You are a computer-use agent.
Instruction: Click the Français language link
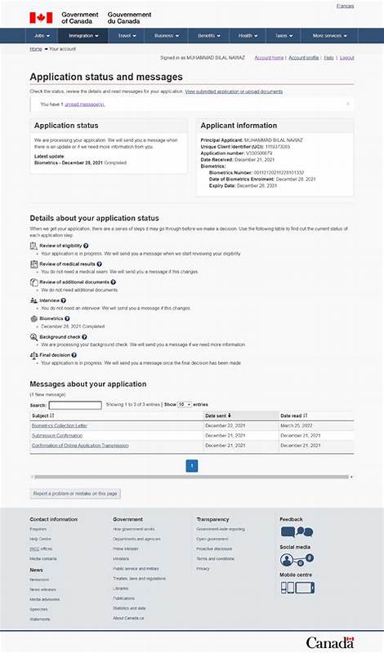point(345,6)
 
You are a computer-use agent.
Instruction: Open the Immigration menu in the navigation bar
point(83,36)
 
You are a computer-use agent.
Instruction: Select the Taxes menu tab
point(283,36)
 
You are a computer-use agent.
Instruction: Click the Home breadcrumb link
point(36,49)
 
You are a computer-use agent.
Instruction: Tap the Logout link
point(346,58)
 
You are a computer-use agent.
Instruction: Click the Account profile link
point(303,58)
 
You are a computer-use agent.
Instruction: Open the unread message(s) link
point(85,104)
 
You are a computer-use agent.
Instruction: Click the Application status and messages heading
point(106,77)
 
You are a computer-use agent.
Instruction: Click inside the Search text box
point(75,405)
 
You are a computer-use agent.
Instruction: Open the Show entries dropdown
point(184,405)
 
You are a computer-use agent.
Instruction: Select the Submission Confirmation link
point(56,435)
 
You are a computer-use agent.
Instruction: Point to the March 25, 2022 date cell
point(297,425)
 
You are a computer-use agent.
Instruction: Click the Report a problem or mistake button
point(75,493)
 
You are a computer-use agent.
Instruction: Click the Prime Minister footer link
point(126,549)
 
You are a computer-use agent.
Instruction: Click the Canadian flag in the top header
point(41,17)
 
